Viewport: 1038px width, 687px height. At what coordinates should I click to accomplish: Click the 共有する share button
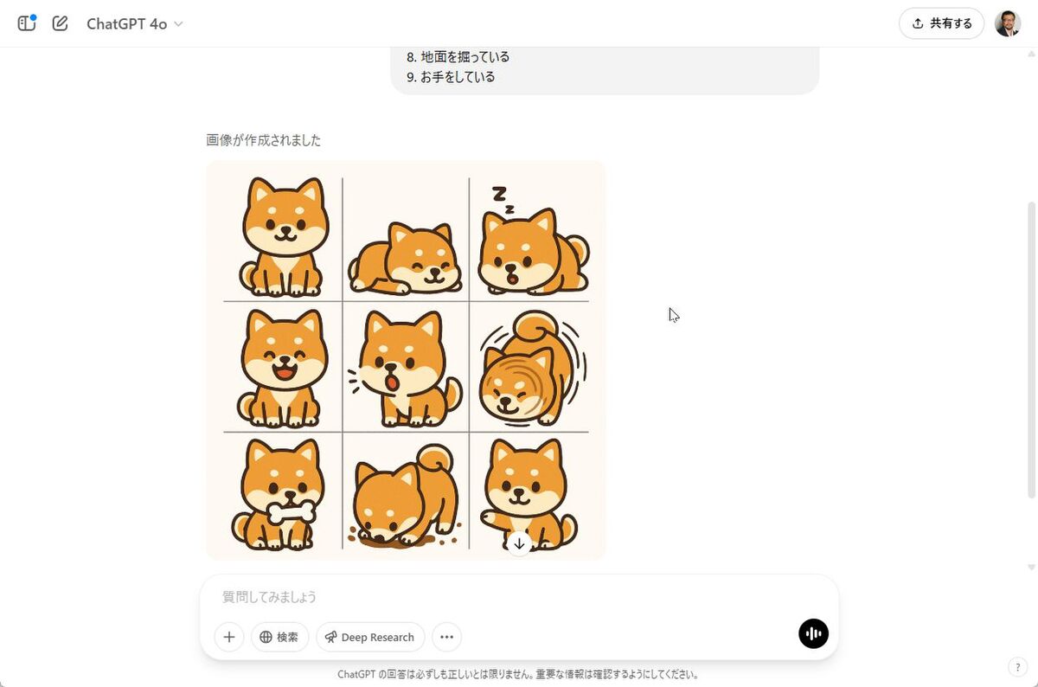click(941, 23)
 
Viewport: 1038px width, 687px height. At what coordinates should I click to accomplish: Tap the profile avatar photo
click(1008, 23)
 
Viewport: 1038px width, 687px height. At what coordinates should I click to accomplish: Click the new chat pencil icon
click(60, 23)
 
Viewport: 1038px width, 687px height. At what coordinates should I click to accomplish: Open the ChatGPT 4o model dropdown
click(134, 23)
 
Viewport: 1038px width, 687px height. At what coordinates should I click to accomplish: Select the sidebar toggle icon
click(27, 22)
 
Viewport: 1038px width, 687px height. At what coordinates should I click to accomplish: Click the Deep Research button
click(370, 637)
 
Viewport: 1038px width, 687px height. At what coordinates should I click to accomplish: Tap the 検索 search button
click(279, 637)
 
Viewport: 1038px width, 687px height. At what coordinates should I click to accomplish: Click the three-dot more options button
click(446, 637)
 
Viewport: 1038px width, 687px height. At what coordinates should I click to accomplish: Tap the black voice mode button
click(813, 633)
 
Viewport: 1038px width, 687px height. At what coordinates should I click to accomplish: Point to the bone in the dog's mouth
click(292, 513)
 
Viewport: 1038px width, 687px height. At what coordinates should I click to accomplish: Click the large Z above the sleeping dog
click(499, 194)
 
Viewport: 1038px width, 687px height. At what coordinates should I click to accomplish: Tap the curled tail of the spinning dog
click(536, 326)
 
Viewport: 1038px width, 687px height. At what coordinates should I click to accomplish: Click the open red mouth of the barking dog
click(392, 383)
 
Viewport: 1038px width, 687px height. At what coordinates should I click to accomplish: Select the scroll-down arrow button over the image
click(519, 543)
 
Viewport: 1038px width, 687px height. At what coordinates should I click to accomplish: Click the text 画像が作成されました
click(263, 140)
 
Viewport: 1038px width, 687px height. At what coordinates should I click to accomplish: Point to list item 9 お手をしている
click(451, 77)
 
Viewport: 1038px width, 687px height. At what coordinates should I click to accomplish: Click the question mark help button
click(1017, 667)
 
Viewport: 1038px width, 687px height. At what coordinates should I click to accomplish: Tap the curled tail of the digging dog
click(434, 459)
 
